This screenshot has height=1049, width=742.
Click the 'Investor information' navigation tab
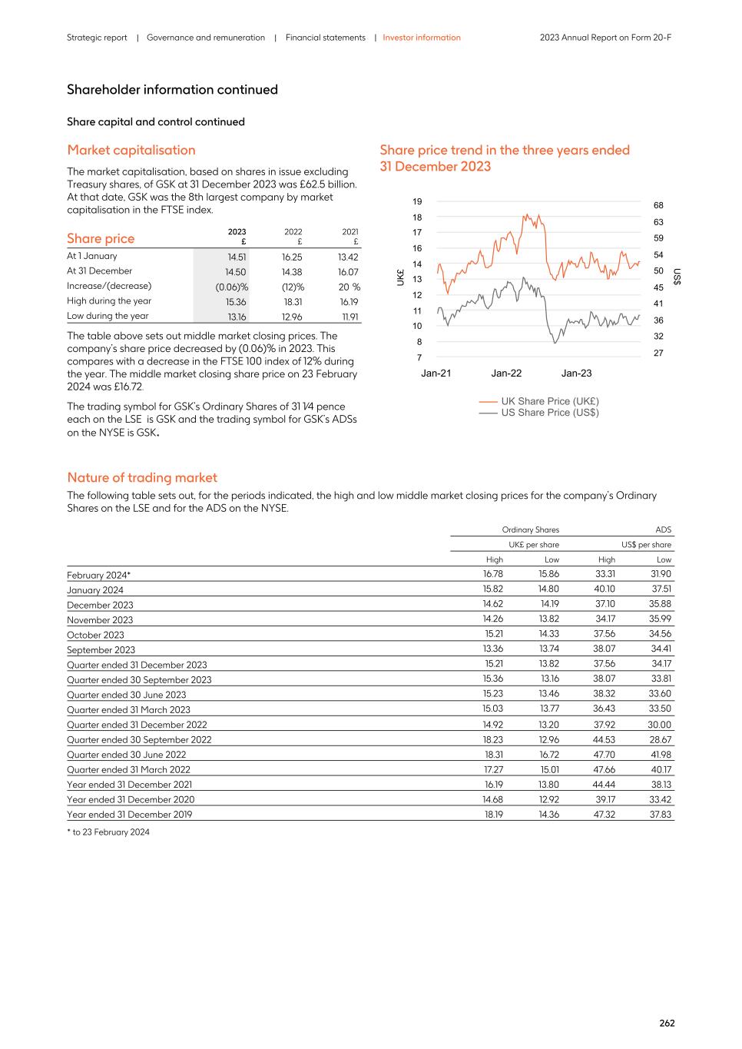pos(422,38)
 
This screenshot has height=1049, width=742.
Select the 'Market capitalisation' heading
pos(131,150)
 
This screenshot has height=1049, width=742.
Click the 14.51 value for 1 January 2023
pos(237,257)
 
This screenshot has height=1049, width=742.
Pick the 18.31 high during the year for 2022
pos(293,302)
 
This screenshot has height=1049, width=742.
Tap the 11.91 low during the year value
pos(349,317)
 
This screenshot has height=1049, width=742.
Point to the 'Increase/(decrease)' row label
pos(109,286)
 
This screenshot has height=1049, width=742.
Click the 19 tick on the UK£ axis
pos(417,201)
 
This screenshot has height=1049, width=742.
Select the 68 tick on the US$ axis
pos(658,206)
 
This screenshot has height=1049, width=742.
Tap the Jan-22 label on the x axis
pos(506,373)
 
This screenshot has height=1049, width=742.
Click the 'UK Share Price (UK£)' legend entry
pos(549,401)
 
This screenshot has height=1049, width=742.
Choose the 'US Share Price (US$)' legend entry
pos(549,413)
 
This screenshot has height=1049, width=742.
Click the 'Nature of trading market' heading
pos(142,477)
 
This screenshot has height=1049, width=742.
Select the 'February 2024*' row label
pos(98,576)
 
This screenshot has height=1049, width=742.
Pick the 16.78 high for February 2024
pos(492,574)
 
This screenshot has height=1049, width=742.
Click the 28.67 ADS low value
pos(661,739)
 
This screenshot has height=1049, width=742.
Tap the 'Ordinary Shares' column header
pos(530,529)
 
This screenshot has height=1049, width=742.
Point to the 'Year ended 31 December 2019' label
pos(129,815)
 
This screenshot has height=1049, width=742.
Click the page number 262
pos(667,1023)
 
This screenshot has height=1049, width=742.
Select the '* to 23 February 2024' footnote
pos(108,832)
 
